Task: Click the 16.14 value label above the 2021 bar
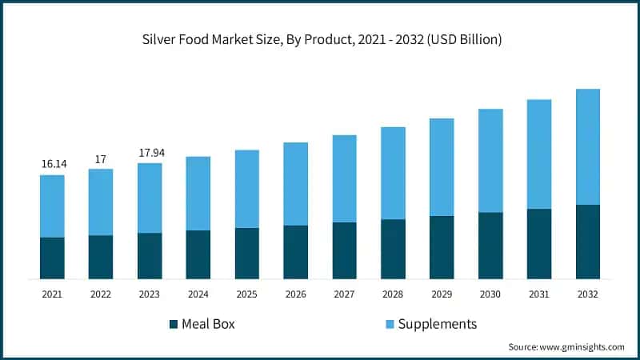(52, 163)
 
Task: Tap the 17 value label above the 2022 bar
(101, 159)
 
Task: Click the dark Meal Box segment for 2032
(588, 242)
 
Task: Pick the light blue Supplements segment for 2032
(588, 146)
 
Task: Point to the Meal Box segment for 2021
(52, 258)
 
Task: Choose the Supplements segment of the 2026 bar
(295, 184)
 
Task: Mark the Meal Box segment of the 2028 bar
(393, 249)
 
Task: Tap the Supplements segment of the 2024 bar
(198, 194)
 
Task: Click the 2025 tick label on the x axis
(246, 294)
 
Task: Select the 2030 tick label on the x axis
(490, 294)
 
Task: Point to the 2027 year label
(344, 294)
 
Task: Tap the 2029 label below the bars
(442, 294)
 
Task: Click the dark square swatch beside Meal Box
(173, 324)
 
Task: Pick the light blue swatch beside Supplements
(390, 324)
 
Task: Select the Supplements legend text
(438, 324)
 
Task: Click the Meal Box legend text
(209, 324)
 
